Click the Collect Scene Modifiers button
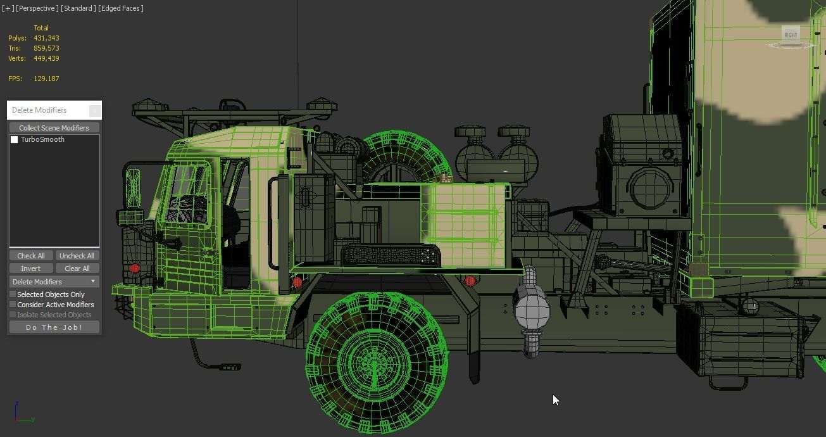pos(54,128)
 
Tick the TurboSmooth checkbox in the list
pos(15,140)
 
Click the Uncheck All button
pos(77,256)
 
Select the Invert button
pos(30,269)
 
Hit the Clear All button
pos(77,269)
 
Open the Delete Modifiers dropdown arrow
pos(93,282)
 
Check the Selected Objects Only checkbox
pos(13,294)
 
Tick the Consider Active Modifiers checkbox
pos(13,305)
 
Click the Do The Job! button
pos(54,327)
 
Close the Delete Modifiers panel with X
pos(94,111)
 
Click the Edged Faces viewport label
pos(121,8)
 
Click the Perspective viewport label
pos(37,8)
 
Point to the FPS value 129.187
pos(46,79)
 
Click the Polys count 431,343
pos(46,38)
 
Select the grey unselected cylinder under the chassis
pos(532,312)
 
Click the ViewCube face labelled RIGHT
pos(791,35)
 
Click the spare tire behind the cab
pos(405,155)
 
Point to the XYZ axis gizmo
pos(22,413)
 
